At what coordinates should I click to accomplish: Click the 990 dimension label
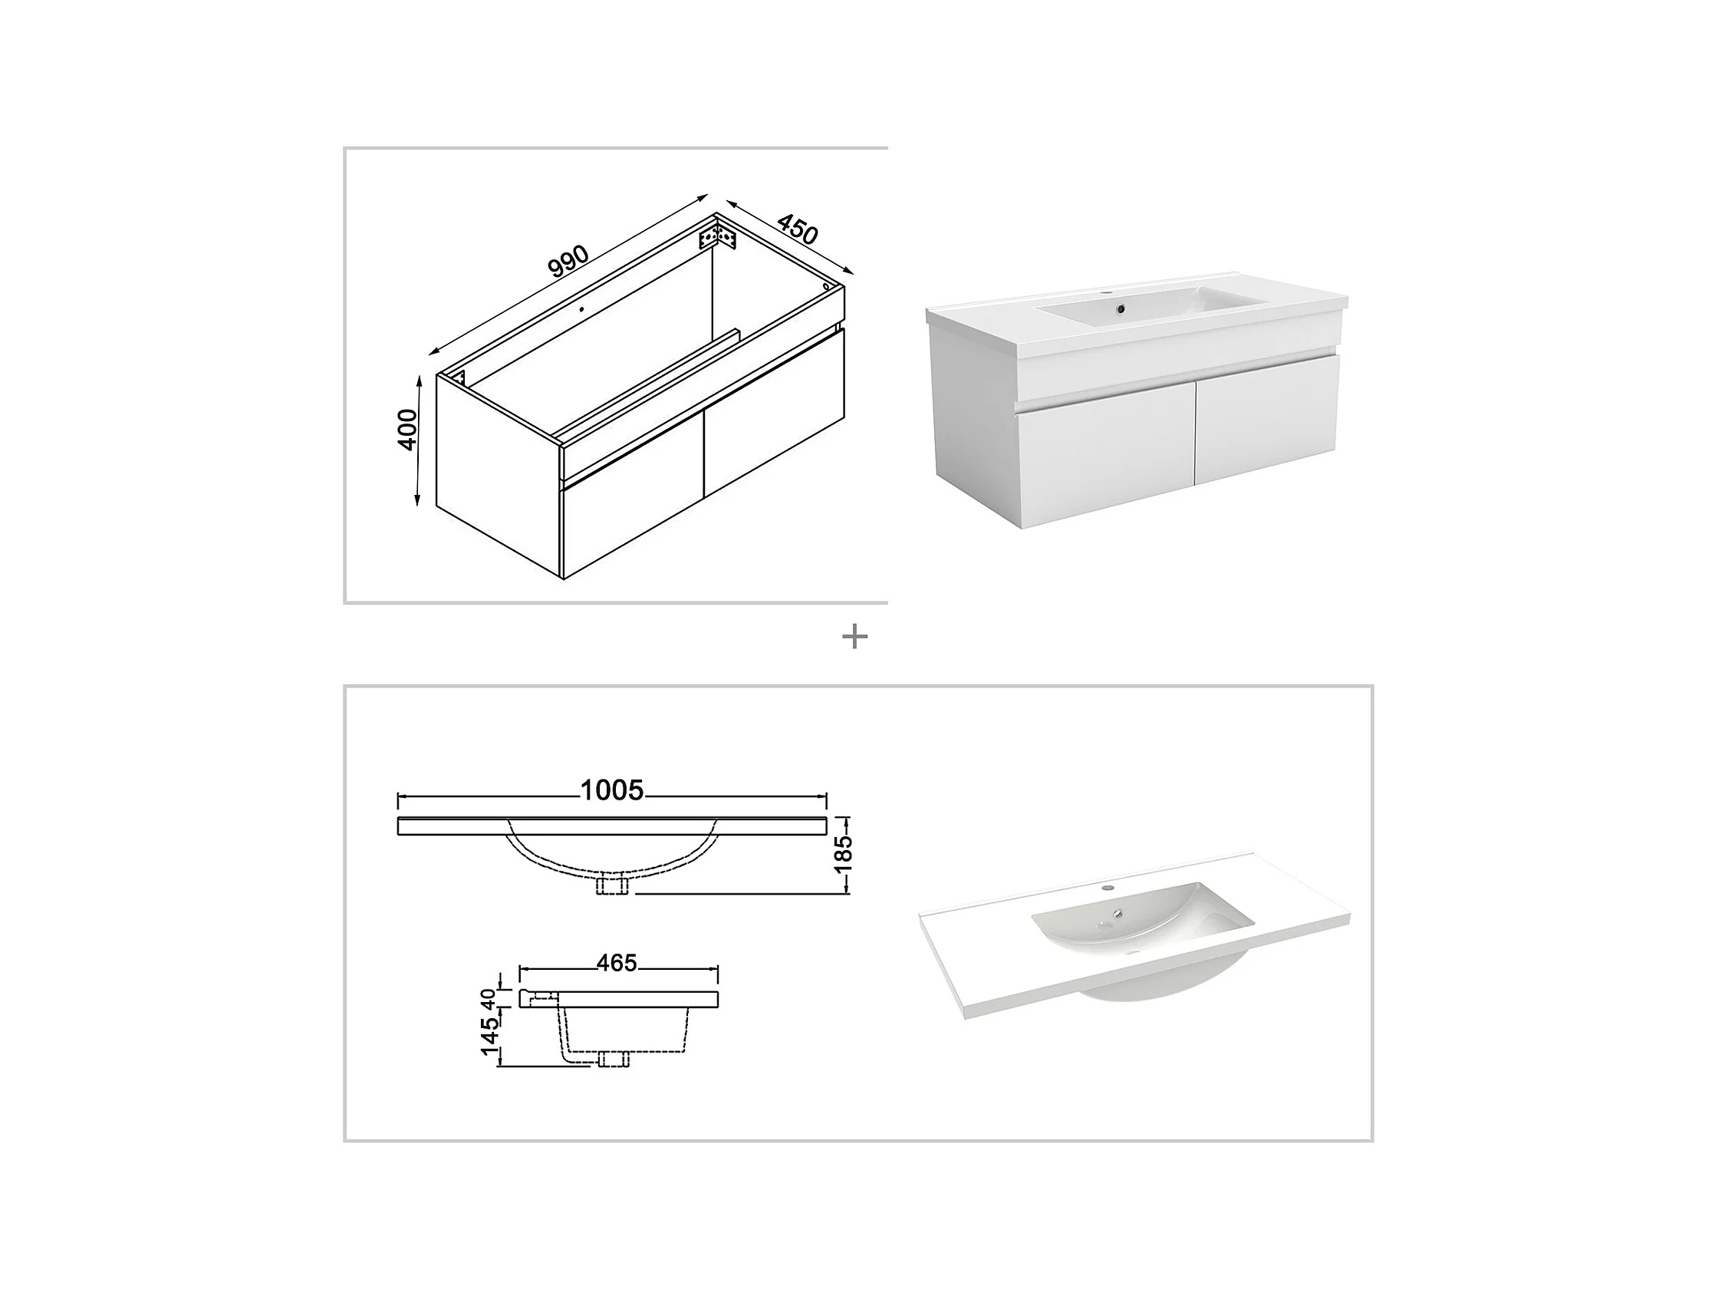click(x=568, y=262)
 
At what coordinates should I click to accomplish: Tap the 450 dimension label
click(x=798, y=229)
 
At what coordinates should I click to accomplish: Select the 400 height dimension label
click(x=407, y=430)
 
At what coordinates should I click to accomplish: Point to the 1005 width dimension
click(x=612, y=790)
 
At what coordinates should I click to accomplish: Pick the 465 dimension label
click(x=617, y=964)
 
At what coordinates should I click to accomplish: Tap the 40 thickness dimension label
click(x=488, y=999)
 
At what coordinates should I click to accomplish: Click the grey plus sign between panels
click(x=854, y=637)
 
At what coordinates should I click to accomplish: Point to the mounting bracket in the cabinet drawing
click(x=718, y=236)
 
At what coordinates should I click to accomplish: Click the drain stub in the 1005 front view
click(x=611, y=885)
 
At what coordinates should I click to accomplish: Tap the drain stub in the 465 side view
click(x=614, y=1058)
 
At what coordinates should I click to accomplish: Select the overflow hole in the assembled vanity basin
click(x=1120, y=309)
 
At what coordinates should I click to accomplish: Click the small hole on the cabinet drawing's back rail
click(x=580, y=308)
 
